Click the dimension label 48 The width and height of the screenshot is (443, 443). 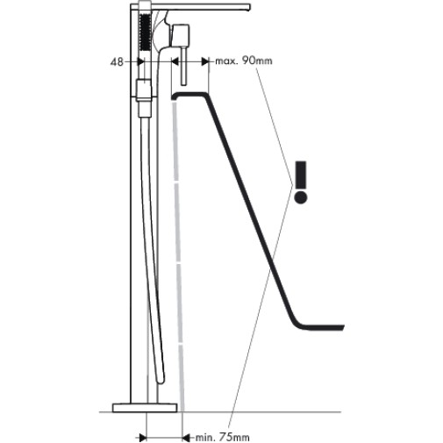[117, 62]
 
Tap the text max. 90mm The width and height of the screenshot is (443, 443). [244, 61]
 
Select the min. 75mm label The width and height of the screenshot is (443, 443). [222, 438]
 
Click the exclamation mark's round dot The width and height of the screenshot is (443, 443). [301, 197]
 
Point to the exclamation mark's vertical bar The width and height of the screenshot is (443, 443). [301, 175]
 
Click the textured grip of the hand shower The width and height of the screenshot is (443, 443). [145, 33]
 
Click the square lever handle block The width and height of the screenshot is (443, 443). [181, 37]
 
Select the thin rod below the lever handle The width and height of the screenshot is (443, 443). [183, 67]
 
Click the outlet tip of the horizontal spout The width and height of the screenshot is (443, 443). [249, 7]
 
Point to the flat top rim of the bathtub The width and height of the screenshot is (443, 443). [189, 94]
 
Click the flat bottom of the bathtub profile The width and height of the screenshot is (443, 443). [324, 327]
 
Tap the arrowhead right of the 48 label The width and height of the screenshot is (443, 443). [141, 61]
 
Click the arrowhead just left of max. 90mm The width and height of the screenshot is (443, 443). [205, 61]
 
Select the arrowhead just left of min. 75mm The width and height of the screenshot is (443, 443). [186, 438]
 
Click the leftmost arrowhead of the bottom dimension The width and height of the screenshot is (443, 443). [143, 438]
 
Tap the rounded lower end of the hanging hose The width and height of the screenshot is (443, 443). [161, 379]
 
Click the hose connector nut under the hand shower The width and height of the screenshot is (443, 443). [144, 90]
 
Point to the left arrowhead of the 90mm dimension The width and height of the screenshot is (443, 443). [175, 61]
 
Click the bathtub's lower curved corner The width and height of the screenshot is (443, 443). [297, 323]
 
